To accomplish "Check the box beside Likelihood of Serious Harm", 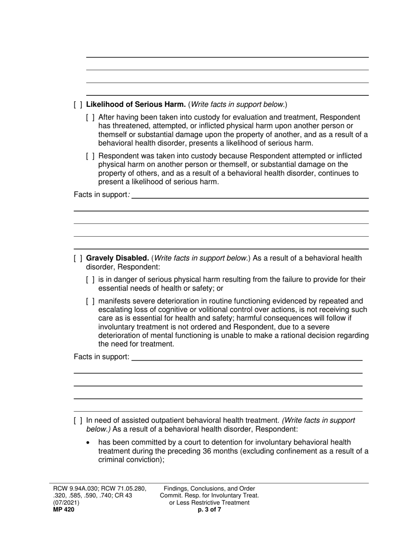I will click(78, 105).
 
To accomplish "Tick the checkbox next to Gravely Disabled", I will click(78, 258).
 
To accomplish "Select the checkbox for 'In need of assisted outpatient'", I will click(78, 420).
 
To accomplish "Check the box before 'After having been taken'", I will click(90, 117).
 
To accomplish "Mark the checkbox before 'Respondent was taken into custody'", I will click(90, 156).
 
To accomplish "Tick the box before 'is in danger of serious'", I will click(90, 280).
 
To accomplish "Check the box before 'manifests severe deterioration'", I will click(90, 301).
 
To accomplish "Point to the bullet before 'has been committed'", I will click(90, 442).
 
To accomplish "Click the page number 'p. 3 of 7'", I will click(209, 510).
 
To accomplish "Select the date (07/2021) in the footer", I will click(66, 502).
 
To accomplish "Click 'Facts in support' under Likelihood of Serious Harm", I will click(101, 194).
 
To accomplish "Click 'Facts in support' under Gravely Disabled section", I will click(101, 357).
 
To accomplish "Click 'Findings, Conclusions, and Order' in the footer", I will click(209, 489).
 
